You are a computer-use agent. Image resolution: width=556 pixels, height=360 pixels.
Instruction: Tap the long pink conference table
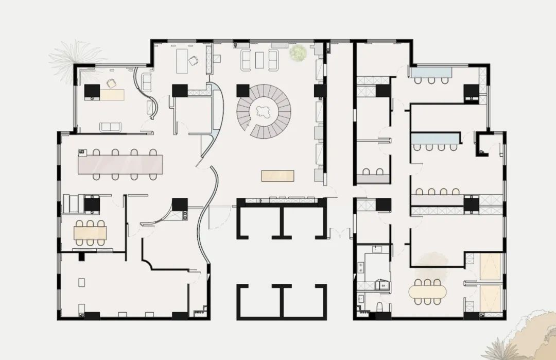(120, 164)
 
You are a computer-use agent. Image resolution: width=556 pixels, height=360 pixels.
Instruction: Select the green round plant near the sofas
(298, 53)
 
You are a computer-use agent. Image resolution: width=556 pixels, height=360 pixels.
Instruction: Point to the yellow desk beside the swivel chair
(113, 94)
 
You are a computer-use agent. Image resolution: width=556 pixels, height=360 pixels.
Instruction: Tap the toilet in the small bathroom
(379, 307)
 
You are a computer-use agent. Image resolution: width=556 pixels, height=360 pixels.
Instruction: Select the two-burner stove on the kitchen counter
(360, 267)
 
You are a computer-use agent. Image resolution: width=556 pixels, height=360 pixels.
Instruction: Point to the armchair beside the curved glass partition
(146, 82)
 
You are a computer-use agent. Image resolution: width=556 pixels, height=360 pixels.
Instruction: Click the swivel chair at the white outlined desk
(194, 61)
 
